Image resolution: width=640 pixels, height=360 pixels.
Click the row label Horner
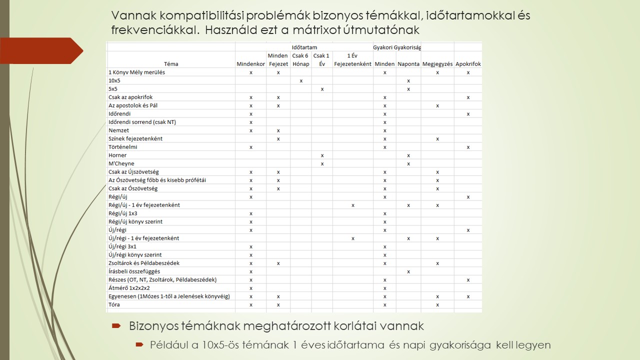pos(117,155)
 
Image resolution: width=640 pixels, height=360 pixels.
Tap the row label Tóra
pos(114,304)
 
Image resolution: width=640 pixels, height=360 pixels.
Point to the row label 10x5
pos(114,80)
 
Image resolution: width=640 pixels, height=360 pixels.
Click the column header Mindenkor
pos(250,64)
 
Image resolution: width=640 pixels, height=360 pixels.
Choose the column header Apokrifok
pos(468,64)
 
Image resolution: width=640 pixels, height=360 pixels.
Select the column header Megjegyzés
pos(437,64)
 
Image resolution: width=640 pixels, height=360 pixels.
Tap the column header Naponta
pos(408,64)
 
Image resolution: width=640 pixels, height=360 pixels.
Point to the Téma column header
pos(171,64)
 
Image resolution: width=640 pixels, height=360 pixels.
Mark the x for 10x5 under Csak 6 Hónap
pos(301,81)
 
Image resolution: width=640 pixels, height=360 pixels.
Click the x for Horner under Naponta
pos(408,155)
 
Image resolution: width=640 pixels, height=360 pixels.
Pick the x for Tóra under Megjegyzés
pos(437,304)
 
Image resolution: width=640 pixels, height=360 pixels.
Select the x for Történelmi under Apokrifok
pos(468,147)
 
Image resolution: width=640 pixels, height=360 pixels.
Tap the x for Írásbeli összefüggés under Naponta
pos(408,271)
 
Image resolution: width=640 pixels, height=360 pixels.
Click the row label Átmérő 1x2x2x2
pos(129,288)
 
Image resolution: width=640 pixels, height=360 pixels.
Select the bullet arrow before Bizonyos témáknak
pos(116,326)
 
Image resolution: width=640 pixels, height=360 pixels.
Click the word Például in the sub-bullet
pos(168,345)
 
